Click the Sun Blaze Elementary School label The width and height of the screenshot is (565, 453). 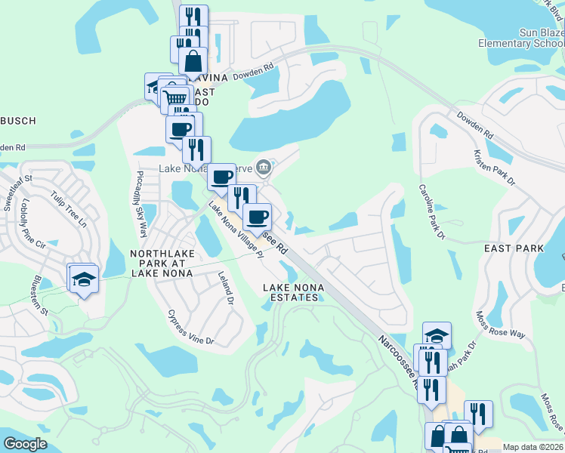click(x=521, y=38)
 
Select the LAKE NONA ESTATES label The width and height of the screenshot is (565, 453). click(x=291, y=292)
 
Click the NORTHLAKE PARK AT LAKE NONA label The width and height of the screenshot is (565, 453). click(x=162, y=263)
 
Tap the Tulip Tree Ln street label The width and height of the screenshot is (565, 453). click(x=69, y=208)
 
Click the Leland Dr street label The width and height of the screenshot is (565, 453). click(x=224, y=288)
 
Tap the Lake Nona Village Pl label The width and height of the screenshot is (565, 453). click(x=235, y=230)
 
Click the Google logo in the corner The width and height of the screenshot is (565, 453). click(x=26, y=444)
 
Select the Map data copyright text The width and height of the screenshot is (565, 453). click(x=533, y=447)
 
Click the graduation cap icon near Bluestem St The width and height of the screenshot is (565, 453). click(x=84, y=279)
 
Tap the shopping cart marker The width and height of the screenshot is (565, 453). click(x=175, y=97)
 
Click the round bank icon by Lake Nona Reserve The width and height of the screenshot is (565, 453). click(x=264, y=167)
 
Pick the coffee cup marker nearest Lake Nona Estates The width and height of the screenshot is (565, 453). click(x=258, y=217)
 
